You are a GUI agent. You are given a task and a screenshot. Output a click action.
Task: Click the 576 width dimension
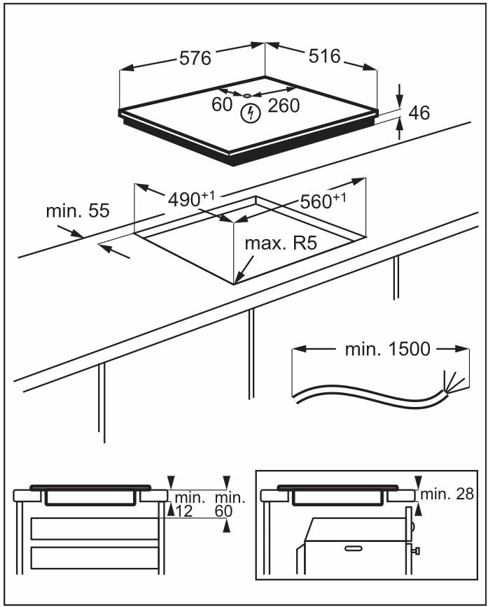tap(195, 59)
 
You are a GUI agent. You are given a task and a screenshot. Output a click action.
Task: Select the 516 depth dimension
tap(324, 56)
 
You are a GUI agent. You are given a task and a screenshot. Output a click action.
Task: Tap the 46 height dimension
tap(419, 113)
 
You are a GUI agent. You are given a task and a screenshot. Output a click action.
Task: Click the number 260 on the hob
tap(284, 106)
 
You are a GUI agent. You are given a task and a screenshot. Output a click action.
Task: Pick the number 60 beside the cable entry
tap(222, 104)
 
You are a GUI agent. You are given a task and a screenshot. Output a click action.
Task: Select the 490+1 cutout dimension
tap(191, 199)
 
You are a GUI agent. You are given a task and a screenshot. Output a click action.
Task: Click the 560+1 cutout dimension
tap(323, 201)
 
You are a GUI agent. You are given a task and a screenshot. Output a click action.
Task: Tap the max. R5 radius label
tap(281, 243)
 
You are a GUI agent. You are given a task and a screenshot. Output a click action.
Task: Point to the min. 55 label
tap(78, 211)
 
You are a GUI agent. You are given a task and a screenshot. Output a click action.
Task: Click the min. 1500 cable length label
tap(388, 349)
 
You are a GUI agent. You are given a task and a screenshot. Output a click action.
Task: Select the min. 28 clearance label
tap(447, 494)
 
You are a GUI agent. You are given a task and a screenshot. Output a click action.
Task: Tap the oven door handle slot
tap(352, 548)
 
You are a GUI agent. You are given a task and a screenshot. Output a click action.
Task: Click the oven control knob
tap(417, 550)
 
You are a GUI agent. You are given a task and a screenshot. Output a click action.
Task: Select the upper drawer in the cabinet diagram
tap(95, 529)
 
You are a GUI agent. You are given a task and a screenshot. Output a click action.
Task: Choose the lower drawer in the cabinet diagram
tap(95, 558)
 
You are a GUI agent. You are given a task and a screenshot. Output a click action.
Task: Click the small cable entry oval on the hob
tap(247, 96)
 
